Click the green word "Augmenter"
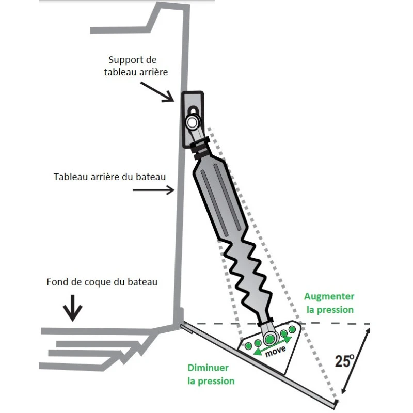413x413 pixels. click(329, 296)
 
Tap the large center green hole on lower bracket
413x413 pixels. click(270, 339)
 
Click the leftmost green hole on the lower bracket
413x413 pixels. click(248, 345)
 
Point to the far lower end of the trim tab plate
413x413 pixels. click(335, 402)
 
